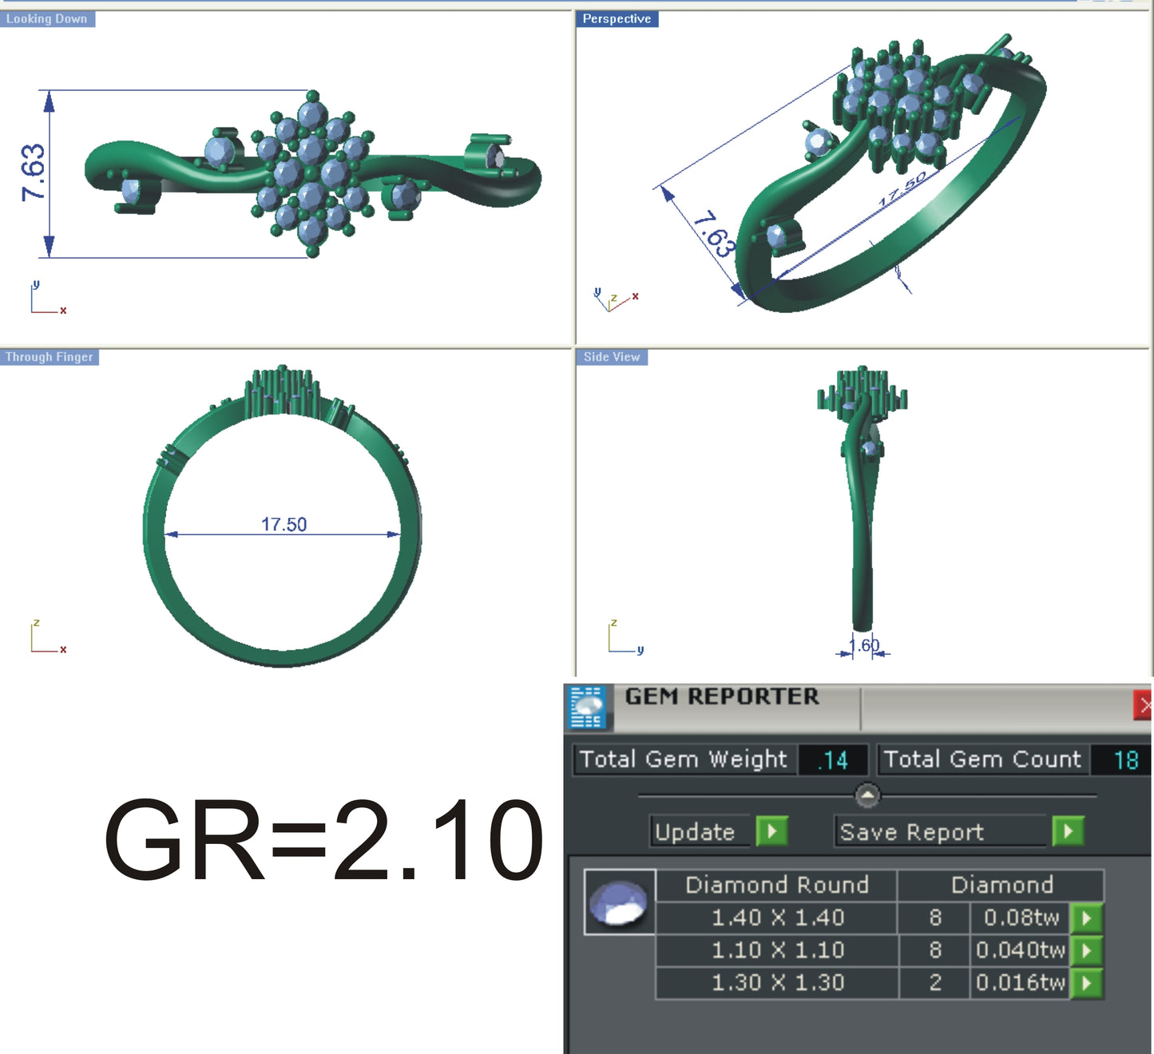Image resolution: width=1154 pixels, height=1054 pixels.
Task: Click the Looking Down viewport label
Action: coord(47,19)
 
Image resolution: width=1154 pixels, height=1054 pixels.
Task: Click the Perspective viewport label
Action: coord(617,19)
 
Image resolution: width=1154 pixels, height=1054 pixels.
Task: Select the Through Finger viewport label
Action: coord(50,357)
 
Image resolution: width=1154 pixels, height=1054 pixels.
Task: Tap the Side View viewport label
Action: coord(612,357)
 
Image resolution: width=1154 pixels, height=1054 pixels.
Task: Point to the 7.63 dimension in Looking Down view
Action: coord(34,172)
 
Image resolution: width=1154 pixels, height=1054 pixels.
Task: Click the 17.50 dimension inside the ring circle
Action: coord(284,525)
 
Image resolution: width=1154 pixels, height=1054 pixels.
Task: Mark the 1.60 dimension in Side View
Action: coord(864,645)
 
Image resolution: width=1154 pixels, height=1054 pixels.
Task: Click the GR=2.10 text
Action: coord(323,841)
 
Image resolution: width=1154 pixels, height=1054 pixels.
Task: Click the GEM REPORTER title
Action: coord(722,697)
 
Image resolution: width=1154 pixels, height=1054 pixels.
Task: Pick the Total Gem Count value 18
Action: coord(1125,760)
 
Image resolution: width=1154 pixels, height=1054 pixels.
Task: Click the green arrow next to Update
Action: coord(771,831)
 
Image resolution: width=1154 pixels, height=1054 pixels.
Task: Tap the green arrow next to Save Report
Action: coord(1068,831)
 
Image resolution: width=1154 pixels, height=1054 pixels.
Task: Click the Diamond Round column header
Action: coord(776,885)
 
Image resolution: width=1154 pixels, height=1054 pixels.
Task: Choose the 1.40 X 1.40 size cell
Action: coord(777,918)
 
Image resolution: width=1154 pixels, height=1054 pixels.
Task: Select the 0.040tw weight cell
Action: coord(1020,950)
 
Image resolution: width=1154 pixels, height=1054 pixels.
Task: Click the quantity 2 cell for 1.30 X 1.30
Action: coord(935,983)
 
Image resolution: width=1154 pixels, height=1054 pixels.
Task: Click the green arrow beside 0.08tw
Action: coord(1086,918)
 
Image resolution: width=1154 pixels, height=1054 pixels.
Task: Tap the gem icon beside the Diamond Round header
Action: coord(619,902)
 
